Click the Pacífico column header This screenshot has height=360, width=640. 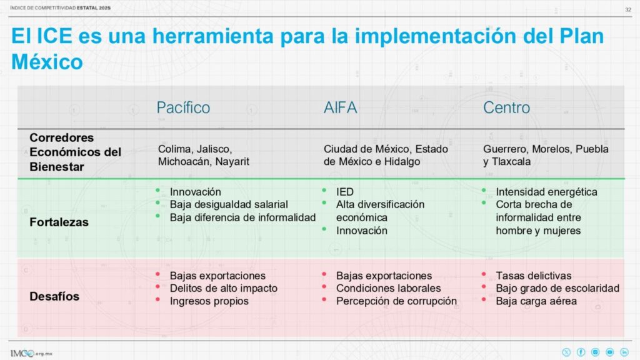coord(183,107)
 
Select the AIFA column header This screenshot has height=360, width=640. coord(340,107)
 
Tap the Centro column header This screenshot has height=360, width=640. coord(506,107)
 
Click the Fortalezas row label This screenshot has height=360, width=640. coord(59,222)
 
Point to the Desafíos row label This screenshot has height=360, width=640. coord(54,296)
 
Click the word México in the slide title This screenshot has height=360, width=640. coord(47,62)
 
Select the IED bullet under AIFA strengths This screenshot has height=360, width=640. coord(345,192)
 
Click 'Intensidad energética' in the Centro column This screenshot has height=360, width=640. coord(546,192)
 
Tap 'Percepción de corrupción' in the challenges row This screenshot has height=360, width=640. coord(396,301)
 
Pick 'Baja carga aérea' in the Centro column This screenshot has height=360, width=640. coord(536,301)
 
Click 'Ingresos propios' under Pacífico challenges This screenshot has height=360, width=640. coord(209,301)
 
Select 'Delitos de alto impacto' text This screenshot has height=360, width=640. coord(224,288)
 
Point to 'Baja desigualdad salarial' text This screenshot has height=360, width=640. coord(229,204)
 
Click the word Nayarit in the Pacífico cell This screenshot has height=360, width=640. coord(232,162)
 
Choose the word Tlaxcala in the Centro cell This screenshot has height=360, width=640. coord(511,162)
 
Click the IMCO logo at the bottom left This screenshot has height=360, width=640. coord(31,354)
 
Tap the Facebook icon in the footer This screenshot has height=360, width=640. coord(581,352)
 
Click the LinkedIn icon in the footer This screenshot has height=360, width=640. coord(624,352)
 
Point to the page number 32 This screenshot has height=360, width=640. coord(628,9)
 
